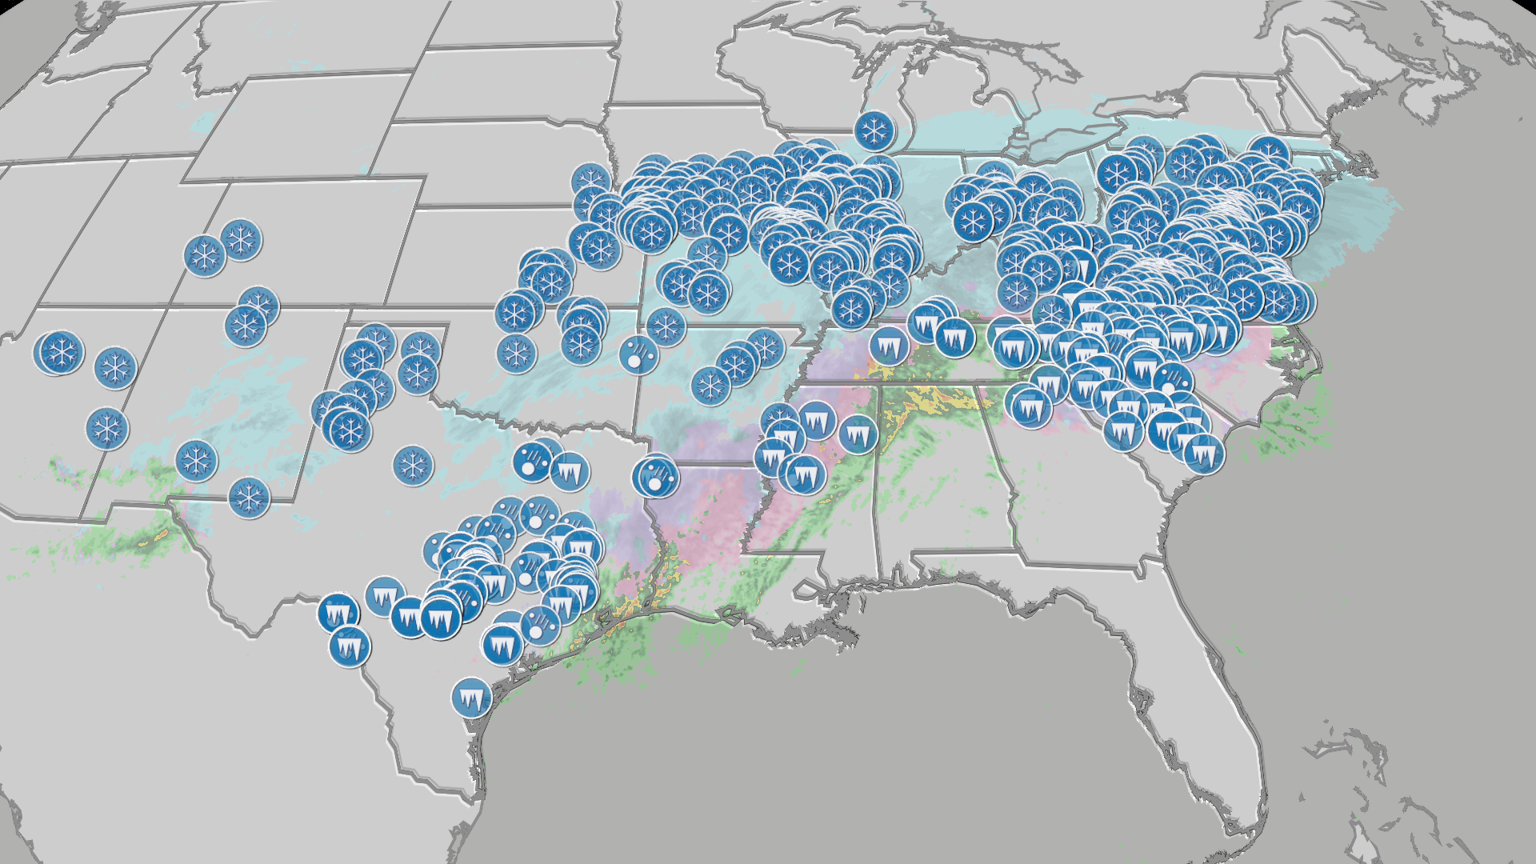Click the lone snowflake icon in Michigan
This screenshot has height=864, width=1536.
[x=874, y=130]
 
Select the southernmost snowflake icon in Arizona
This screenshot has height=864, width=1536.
[x=107, y=429]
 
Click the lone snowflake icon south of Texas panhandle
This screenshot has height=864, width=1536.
[x=413, y=465]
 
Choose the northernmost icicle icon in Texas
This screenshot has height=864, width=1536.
[x=570, y=472]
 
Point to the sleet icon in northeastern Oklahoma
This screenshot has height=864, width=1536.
[x=638, y=355]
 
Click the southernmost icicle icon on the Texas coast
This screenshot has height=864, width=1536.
[x=471, y=699]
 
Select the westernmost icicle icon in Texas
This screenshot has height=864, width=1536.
[x=338, y=614]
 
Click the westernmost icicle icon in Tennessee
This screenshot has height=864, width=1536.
[x=887, y=346]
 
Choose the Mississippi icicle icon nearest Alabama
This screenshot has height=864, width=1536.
[x=858, y=434]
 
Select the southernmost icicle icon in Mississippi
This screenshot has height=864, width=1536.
[x=806, y=476]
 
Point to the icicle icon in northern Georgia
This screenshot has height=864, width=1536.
[x=1031, y=408]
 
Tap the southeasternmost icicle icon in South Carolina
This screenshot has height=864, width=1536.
[x=1204, y=454]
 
